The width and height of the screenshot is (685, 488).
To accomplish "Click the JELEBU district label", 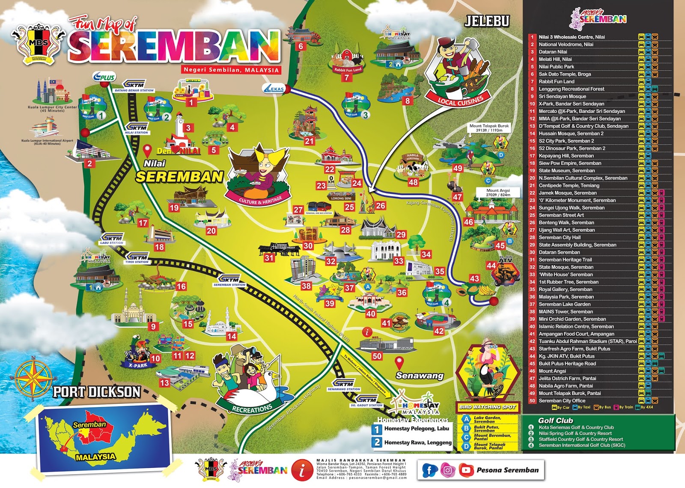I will click(x=487, y=21).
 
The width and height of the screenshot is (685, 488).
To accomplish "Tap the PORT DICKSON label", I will click(x=97, y=392).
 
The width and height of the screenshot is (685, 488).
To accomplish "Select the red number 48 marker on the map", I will click(x=413, y=182).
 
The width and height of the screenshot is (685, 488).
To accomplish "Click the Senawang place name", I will click(x=420, y=376).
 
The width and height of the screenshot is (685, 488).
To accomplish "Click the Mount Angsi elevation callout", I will click(x=498, y=192).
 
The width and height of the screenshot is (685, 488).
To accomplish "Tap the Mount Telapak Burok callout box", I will click(x=489, y=128).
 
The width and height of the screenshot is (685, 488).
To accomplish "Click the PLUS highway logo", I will click(x=104, y=77).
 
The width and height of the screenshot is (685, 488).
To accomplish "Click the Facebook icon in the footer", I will click(x=429, y=470).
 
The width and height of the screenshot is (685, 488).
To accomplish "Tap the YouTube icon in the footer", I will click(x=466, y=470).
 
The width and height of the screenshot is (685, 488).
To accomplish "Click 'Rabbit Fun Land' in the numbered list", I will click(x=556, y=81).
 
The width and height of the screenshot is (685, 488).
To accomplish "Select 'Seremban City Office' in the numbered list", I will click(x=561, y=401).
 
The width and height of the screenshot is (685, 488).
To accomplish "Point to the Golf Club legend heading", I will click(x=555, y=420).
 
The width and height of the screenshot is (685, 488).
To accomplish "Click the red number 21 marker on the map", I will click(x=309, y=141).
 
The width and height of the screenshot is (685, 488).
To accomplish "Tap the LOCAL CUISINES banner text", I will click(x=460, y=101).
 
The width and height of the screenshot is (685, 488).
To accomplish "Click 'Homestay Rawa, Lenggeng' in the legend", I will click(x=417, y=442).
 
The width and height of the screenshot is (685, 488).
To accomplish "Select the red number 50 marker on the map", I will click(x=377, y=356).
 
